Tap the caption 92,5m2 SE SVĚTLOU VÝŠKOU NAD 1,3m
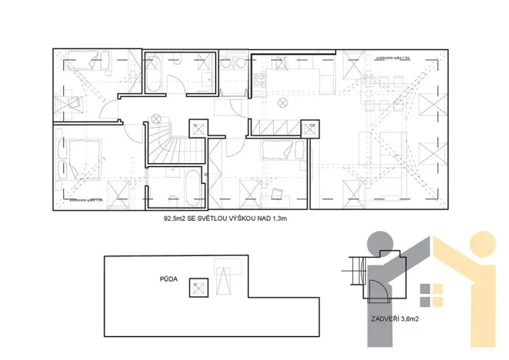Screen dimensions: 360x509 tap(230, 218)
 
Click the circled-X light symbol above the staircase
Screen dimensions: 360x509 tap(156, 118)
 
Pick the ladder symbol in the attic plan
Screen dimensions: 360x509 tap(225, 278)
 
